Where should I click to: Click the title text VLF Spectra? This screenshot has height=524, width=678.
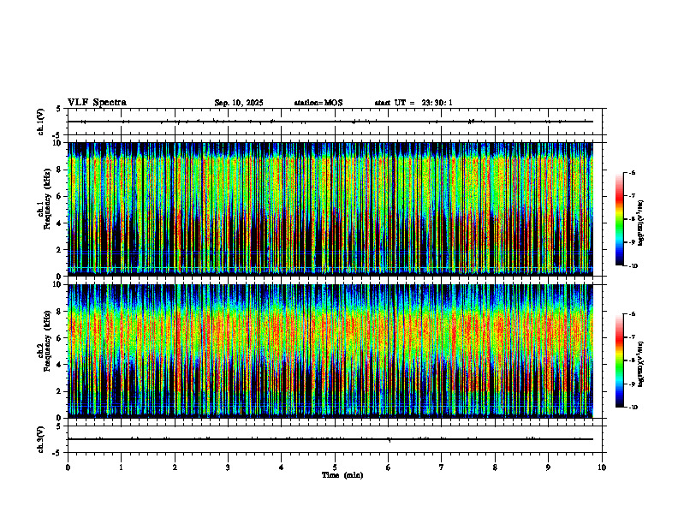[x=97, y=103]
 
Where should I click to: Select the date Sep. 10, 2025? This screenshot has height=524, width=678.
[x=239, y=103]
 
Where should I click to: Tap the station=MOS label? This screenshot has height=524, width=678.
[x=318, y=103]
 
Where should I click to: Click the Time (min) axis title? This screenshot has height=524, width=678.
[x=342, y=474]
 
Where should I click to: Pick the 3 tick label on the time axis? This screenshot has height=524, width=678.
[x=228, y=467]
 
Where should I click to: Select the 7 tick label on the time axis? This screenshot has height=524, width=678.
[x=441, y=467]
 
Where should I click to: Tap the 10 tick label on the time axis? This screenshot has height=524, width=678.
[x=602, y=467]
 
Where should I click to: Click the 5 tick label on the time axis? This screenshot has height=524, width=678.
[x=335, y=467]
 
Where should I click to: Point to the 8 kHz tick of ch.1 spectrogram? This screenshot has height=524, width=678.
[x=57, y=170]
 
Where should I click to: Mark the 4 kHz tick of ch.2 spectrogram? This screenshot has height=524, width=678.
[x=57, y=364]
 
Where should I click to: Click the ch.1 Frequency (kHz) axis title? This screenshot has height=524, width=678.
[x=41, y=208]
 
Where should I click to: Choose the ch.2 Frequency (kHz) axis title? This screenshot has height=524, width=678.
[x=41, y=350]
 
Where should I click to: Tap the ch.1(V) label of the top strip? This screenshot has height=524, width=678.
[x=41, y=122]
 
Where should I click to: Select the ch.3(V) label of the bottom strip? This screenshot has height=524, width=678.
[x=41, y=438]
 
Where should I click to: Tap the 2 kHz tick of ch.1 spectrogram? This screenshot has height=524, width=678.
[x=57, y=249]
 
